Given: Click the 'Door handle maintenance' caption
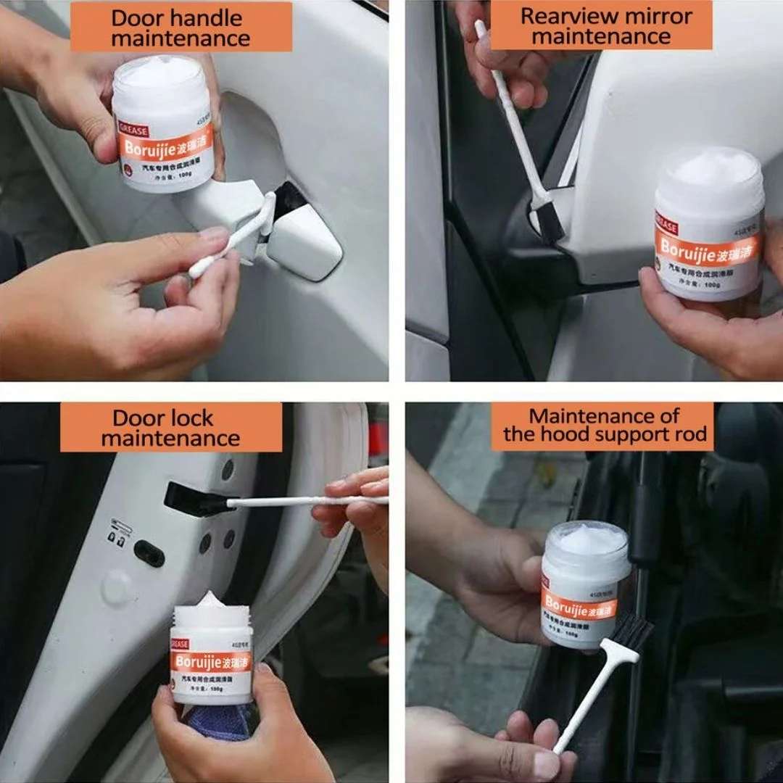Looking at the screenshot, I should tap(181, 27).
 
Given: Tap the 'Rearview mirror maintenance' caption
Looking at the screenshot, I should tap(601, 25).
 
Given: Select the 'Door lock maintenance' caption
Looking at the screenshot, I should tap(170, 428).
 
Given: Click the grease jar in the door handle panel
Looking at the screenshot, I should tap(163, 125).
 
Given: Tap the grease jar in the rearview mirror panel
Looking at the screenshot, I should tap(709, 225).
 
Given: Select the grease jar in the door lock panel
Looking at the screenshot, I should tap(211, 656).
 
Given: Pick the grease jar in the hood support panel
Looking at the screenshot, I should tap(584, 584).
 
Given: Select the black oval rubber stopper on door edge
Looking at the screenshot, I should tap(149, 553).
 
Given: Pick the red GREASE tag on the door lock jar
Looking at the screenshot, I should tap(179, 643).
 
